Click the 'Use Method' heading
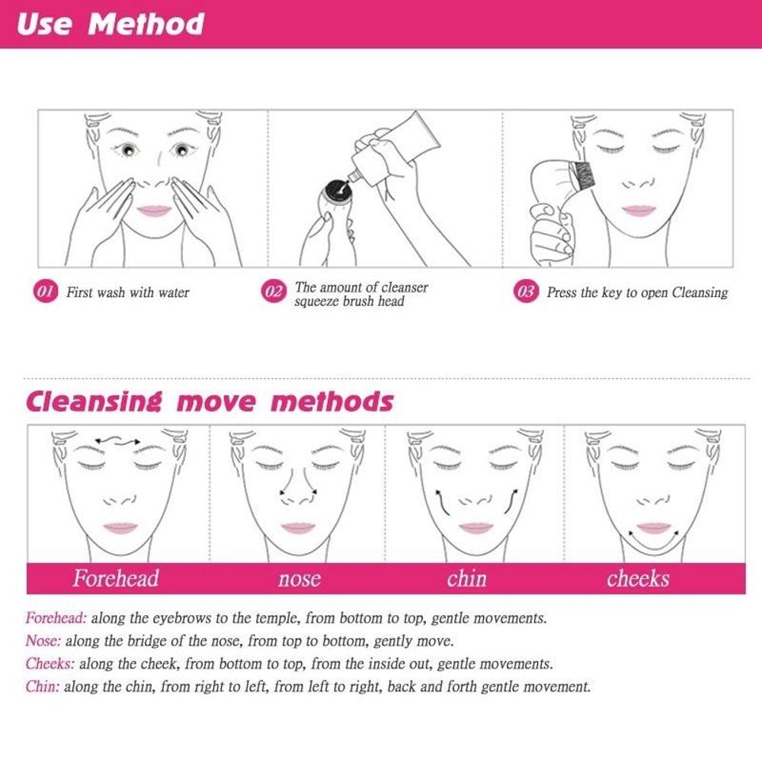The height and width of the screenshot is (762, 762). pyautogui.click(x=110, y=24)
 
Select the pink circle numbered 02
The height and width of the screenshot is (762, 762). pyautogui.click(x=274, y=293)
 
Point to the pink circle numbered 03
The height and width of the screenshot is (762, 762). pyautogui.click(x=525, y=292)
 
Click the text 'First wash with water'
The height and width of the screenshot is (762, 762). pyautogui.click(x=127, y=293)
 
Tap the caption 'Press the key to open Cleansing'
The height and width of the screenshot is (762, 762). pyautogui.click(x=637, y=293)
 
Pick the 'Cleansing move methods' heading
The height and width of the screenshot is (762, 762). pyautogui.click(x=210, y=402)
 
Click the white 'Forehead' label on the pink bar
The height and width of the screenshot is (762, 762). pyautogui.click(x=116, y=578)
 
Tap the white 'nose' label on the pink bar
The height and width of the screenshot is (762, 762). pyautogui.click(x=299, y=579)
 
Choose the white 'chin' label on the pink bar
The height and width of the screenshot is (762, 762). pyautogui.click(x=466, y=579)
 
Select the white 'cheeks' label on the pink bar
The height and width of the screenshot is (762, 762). pyautogui.click(x=638, y=579)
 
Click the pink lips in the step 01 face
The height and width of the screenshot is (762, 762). pyautogui.click(x=155, y=210)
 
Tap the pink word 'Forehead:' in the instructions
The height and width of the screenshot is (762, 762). pyautogui.click(x=56, y=618)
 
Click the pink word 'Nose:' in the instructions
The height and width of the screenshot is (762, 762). pyautogui.click(x=43, y=641)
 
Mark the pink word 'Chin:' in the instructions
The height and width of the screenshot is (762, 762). pyautogui.click(x=43, y=687)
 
